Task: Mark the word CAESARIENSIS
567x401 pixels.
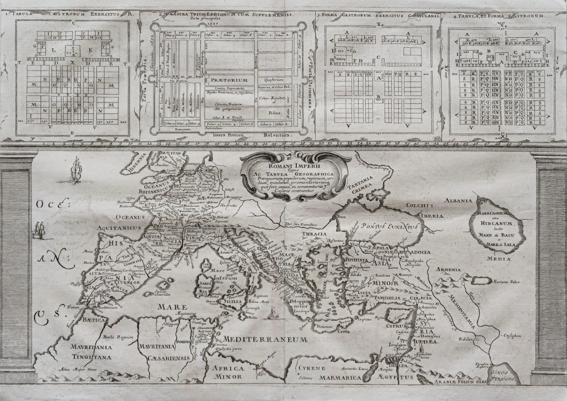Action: coord(161,358)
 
